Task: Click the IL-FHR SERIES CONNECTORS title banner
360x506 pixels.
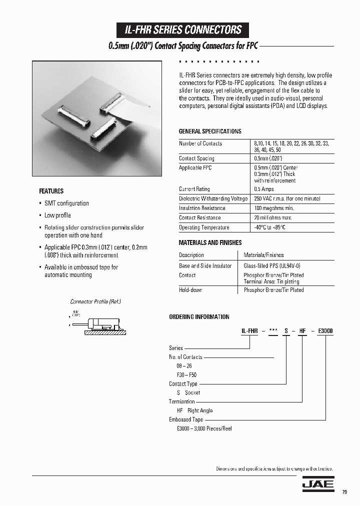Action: coord(183,30)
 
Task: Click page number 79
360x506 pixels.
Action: coord(344,492)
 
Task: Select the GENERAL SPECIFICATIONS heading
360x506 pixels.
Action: coord(210,131)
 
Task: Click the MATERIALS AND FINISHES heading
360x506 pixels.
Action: coord(210,242)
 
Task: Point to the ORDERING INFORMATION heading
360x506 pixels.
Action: coord(199,317)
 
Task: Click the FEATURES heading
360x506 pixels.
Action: coord(51,191)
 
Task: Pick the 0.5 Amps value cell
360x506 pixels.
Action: coord(264,189)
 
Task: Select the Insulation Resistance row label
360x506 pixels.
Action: coord(202,208)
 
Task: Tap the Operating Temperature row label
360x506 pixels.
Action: coord(204,227)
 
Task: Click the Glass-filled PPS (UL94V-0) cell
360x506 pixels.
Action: coord(271,266)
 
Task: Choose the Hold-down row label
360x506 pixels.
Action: coord(190,290)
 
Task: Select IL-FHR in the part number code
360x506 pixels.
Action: coord(249,331)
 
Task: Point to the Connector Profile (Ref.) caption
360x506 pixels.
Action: coord(95,302)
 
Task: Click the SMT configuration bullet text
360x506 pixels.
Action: coord(66,203)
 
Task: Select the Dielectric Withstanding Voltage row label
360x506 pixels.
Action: coord(213,198)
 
